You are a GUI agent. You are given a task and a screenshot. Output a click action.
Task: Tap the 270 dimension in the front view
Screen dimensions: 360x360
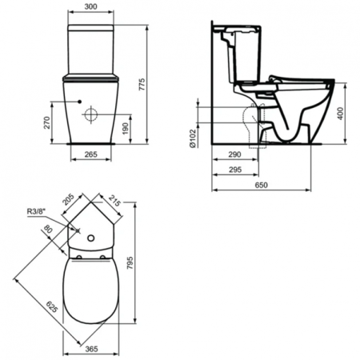(46, 122)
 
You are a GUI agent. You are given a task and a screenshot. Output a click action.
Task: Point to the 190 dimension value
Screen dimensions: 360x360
(126, 129)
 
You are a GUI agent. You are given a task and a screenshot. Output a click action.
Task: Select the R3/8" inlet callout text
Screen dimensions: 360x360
(37, 212)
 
